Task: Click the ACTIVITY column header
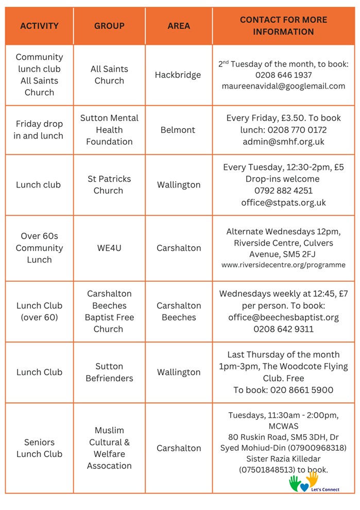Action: [39, 26]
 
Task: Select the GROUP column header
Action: [109, 26]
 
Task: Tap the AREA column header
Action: [179, 26]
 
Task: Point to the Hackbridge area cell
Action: [178, 75]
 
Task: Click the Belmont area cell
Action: [178, 130]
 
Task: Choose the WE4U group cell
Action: [109, 248]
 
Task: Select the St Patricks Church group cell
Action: [109, 184]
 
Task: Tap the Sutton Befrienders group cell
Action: [109, 372]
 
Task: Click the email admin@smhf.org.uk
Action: [283, 142]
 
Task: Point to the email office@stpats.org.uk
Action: [283, 202]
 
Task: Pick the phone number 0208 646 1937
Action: [283, 75]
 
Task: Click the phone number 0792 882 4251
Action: [283, 191]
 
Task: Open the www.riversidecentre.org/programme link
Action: [283, 265]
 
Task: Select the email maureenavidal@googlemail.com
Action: [283, 87]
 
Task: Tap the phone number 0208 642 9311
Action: [283, 329]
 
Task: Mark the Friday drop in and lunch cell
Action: [39, 130]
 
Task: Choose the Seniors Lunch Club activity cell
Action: [39, 448]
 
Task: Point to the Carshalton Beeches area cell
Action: [179, 311]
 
